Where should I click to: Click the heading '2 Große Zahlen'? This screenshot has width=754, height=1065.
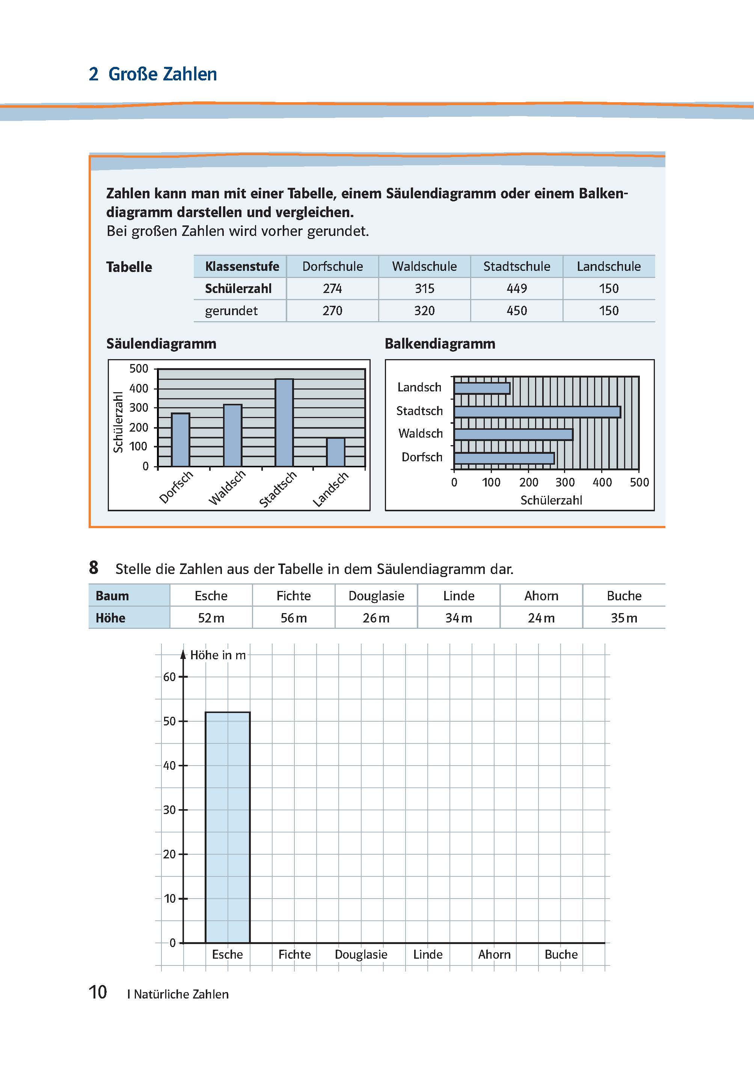pos(153,74)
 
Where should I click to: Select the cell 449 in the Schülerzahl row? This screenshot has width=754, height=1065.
pos(516,289)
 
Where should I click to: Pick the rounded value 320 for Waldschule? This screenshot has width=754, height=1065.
pos(424,311)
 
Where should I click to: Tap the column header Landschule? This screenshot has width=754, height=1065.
pos(608,267)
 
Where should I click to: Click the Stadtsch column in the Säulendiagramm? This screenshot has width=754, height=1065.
pos(284,423)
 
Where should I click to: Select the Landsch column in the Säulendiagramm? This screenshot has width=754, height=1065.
pos(336,452)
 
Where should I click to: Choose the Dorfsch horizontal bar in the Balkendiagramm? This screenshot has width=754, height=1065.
pos(504,458)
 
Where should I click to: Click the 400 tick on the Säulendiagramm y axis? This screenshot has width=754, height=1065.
pos(138,388)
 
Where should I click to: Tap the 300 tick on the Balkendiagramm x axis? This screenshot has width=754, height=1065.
pos(565,483)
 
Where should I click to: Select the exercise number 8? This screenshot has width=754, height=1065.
pos(93,568)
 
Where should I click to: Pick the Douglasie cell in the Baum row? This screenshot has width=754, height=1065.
pos(376,596)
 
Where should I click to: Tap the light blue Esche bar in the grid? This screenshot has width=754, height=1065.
pos(228,827)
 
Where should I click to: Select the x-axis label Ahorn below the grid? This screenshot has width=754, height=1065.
pos(494,955)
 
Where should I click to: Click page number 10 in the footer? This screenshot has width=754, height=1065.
pos(98,992)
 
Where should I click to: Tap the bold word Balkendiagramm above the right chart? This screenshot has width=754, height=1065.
pos(440,344)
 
